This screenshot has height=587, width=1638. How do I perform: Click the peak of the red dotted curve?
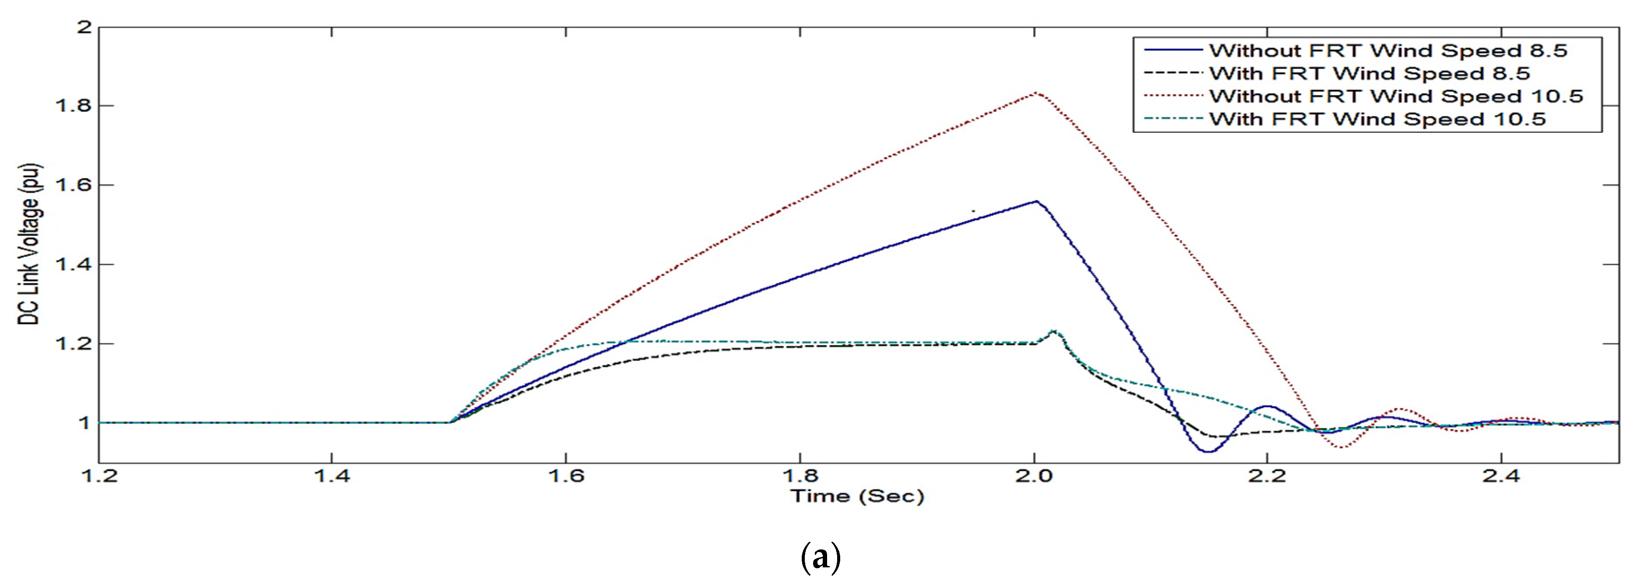click(x=1036, y=93)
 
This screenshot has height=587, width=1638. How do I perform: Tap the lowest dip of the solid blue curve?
click(x=1208, y=452)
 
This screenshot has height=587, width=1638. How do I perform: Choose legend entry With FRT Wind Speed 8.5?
click(x=1368, y=73)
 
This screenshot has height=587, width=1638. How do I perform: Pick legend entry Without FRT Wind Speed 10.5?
click(x=1395, y=96)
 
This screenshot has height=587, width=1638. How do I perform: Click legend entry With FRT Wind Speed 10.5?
click(x=1377, y=119)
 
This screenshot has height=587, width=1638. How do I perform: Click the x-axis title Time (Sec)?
click(x=856, y=496)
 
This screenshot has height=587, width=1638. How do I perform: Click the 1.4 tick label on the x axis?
click(x=332, y=476)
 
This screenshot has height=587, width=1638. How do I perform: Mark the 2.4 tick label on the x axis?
click(x=1501, y=476)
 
